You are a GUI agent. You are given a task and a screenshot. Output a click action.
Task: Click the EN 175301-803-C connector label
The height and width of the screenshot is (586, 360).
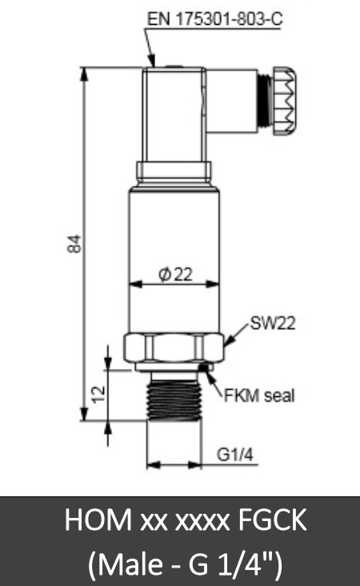point(214,18)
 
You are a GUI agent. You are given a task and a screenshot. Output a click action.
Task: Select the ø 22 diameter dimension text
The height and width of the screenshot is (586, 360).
point(175,275)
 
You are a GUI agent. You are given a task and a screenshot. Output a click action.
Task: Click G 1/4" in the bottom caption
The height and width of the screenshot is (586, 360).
point(226,563)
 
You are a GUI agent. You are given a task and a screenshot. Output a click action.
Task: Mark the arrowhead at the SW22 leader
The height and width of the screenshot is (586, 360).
point(228,343)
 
